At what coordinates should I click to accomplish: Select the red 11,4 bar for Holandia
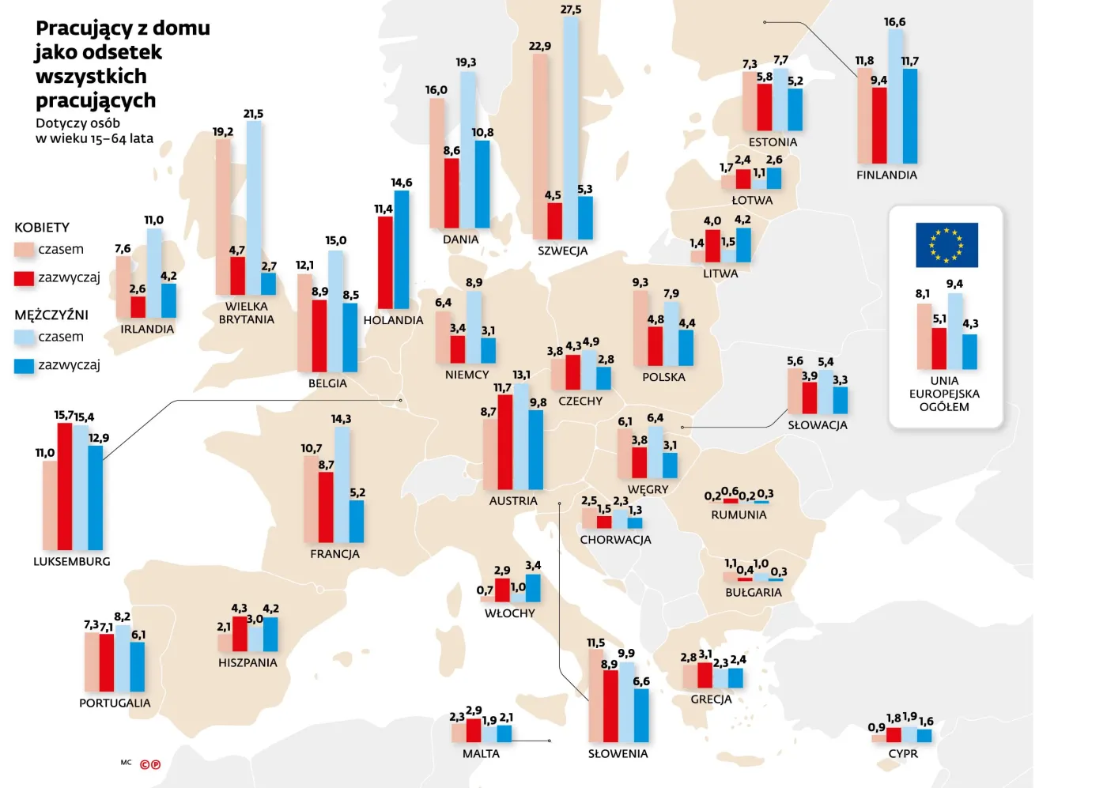click(385, 262)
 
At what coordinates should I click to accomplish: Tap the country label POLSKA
click(663, 377)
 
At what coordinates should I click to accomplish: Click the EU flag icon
click(946, 245)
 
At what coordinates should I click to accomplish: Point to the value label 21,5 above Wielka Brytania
click(253, 114)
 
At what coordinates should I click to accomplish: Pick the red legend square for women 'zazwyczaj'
click(25, 278)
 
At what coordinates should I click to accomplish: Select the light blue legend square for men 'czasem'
click(25, 337)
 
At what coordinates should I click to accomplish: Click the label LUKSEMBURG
click(72, 561)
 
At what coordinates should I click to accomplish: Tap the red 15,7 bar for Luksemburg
click(65, 486)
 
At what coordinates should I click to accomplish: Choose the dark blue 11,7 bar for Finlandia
click(910, 116)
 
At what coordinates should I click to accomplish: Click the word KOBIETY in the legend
click(42, 228)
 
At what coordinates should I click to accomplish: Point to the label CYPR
click(903, 753)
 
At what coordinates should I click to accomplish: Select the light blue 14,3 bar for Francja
click(342, 484)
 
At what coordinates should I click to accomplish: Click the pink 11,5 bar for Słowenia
click(595, 696)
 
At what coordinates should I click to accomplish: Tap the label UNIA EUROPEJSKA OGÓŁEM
click(944, 394)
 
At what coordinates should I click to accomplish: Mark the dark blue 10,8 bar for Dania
click(482, 184)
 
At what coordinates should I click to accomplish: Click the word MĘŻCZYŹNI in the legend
click(51, 315)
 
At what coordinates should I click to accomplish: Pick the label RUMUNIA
click(739, 515)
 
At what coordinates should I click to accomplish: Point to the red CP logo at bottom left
click(150, 764)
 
